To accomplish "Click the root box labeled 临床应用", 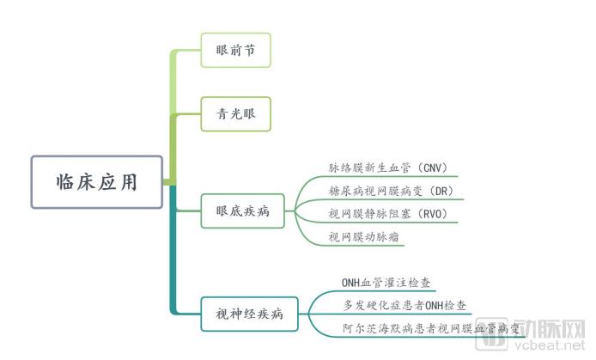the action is pyautogui.click(x=97, y=182).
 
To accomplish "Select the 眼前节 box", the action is pyautogui.click(x=235, y=50).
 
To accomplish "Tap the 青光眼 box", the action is pyautogui.click(x=235, y=114).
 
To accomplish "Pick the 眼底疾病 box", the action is pyautogui.click(x=242, y=211).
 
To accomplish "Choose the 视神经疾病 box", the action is pyautogui.click(x=249, y=314).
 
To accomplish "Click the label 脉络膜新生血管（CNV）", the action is pyautogui.click(x=388, y=168).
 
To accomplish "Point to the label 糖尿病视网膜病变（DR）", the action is pyautogui.click(x=391, y=191).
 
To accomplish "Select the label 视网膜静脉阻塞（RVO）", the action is pyautogui.click(x=388, y=214).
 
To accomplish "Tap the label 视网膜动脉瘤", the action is pyautogui.click(x=364, y=237).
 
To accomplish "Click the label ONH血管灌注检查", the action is pyautogui.click(x=386, y=283).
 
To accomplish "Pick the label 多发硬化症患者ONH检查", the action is pyautogui.click(x=404, y=305).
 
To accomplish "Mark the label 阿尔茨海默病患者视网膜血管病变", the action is pyautogui.click(x=430, y=328).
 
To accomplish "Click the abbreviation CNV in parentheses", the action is pyautogui.click(x=433, y=168).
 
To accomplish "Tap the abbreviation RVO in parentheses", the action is pyautogui.click(x=433, y=214).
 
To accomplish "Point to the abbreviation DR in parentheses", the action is pyautogui.click(x=441, y=192).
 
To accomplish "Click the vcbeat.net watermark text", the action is pyautogui.click(x=550, y=345).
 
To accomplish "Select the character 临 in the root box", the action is pyautogui.click(x=64, y=182).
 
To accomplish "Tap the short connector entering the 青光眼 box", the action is pyautogui.click(x=188, y=113).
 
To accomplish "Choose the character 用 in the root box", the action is pyautogui.click(x=129, y=182).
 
